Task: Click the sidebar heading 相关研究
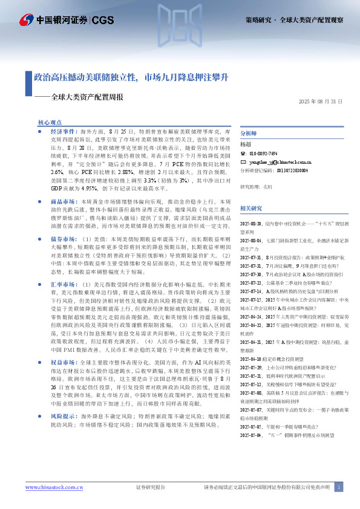pyautogui.click(x=251, y=192)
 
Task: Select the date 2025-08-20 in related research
pyautogui.click(x=253, y=206)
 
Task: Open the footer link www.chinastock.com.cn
pyautogui.click(x=50, y=487)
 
